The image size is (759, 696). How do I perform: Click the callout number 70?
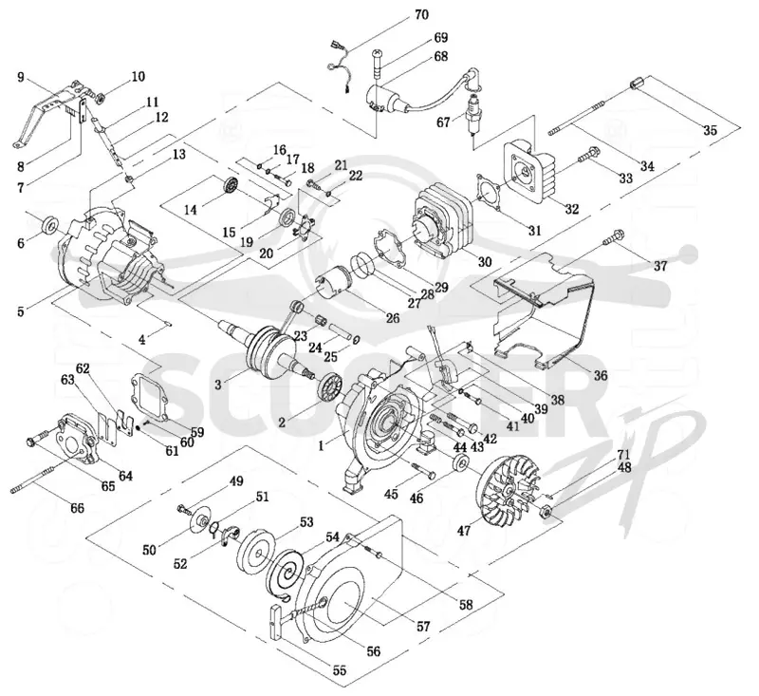[x=421, y=15]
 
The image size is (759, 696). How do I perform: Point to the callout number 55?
[x=340, y=670]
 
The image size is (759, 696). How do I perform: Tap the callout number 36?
[x=601, y=375]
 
